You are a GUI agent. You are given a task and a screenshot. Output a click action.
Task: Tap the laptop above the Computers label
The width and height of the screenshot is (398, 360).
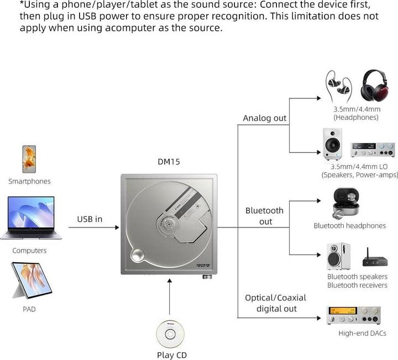[31, 218]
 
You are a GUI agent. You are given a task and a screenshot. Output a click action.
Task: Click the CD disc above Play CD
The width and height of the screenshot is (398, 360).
[170, 333]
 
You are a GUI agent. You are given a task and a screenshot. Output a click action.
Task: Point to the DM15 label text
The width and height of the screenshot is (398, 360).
[169, 162]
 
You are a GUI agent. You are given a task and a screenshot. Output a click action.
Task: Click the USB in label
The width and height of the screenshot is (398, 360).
[89, 219]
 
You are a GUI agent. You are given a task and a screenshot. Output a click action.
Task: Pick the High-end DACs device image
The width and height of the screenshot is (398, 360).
[353, 315]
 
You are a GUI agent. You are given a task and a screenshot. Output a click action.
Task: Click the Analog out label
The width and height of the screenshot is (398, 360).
[265, 118]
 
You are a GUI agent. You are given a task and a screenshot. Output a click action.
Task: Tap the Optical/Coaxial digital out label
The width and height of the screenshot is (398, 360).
[275, 303]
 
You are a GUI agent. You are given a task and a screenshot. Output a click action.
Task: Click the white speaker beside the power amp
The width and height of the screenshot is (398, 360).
[332, 144]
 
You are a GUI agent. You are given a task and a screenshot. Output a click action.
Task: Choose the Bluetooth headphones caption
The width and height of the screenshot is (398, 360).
[349, 226]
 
